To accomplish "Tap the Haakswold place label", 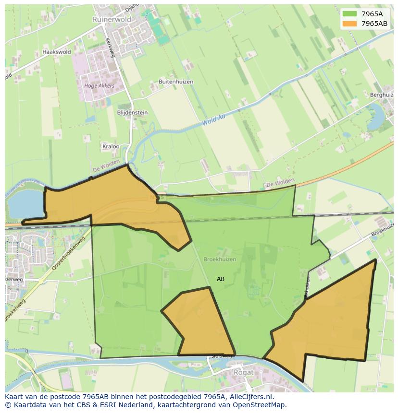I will [x=56, y=52].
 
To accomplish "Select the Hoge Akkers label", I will [x=99, y=86].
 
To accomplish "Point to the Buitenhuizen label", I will [x=176, y=82].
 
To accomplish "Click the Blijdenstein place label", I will [x=132, y=113].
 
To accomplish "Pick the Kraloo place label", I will [x=111, y=146].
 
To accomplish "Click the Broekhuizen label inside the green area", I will [x=220, y=259].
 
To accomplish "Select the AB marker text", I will [x=221, y=279].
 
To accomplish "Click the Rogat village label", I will [x=243, y=372].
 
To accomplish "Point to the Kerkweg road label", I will [x=110, y=48].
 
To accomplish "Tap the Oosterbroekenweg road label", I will [x=68, y=254].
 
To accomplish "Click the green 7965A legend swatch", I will [x=349, y=13].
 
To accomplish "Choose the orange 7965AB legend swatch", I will [x=349, y=24].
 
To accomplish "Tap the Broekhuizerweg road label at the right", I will [x=382, y=231].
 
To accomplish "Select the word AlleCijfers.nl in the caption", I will [x=250, y=397].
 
